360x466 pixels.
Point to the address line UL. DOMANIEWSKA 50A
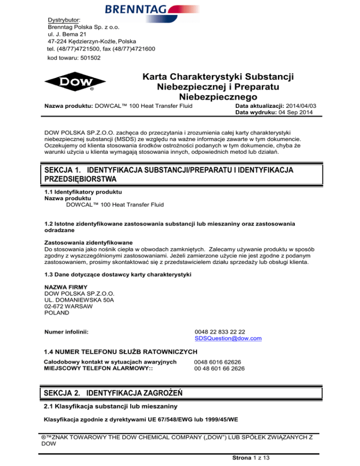tap(76, 299)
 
